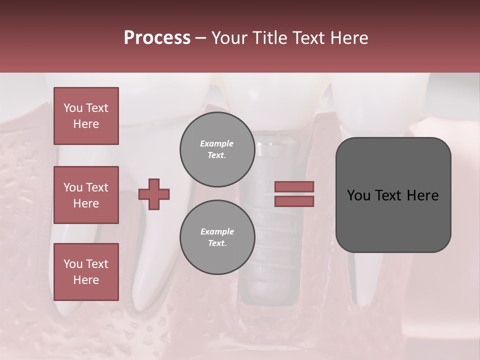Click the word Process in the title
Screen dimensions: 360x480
point(157,37)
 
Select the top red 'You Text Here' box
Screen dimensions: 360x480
point(86,116)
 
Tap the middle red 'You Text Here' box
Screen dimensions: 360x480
point(86,195)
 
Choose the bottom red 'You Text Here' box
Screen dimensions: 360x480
point(86,272)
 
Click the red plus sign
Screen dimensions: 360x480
point(154,194)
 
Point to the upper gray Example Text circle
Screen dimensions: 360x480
point(217,149)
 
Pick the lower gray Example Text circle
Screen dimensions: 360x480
point(217,237)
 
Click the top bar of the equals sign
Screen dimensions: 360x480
point(294,186)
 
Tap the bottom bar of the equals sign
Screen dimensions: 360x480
point(294,201)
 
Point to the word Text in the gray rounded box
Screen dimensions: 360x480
point(392,195)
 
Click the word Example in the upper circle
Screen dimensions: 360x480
point(217,143)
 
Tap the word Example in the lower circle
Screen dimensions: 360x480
point(217,231)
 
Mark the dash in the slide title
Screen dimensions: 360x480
point(200,38)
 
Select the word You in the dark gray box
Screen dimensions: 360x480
point(359,195)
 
